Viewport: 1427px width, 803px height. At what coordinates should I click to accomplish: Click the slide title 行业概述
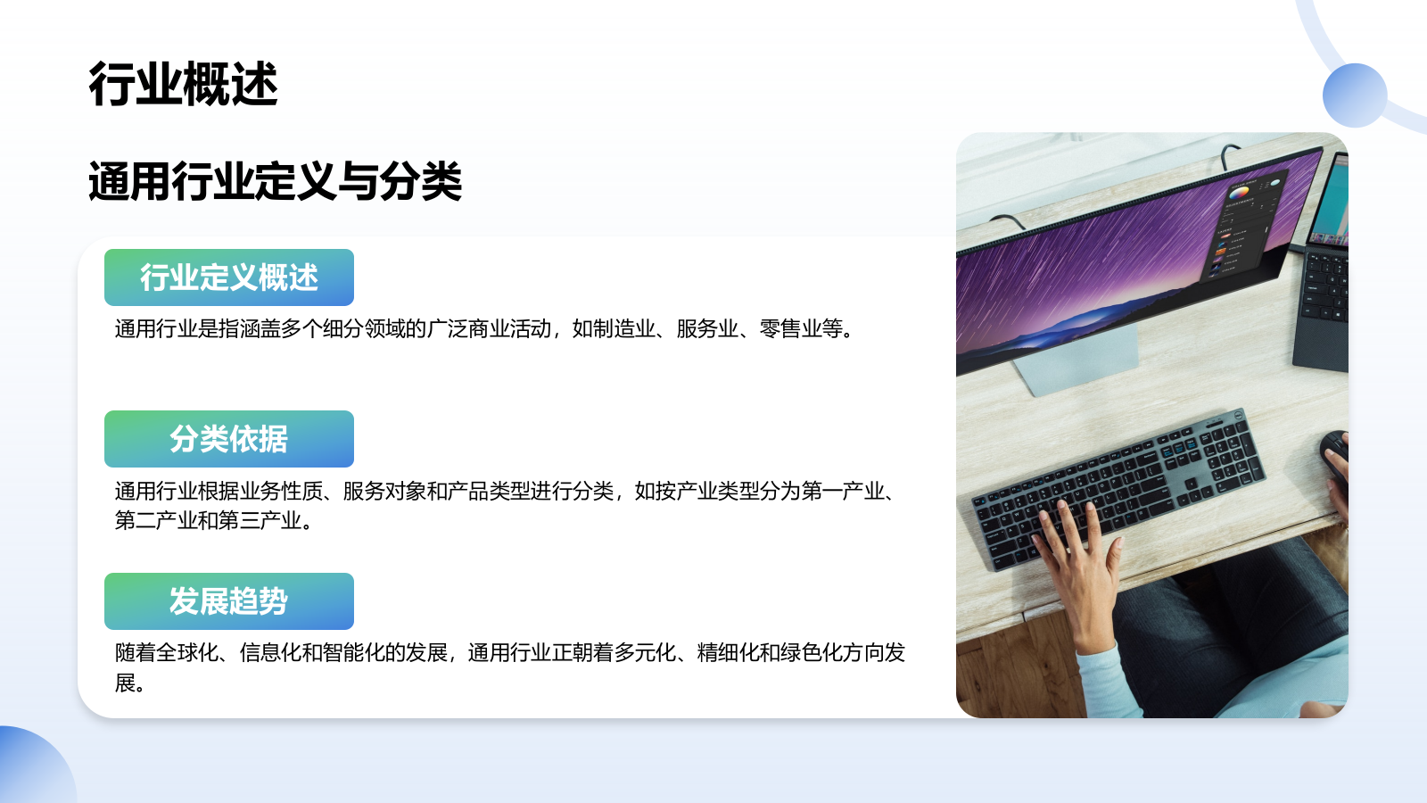[x=183, y=85]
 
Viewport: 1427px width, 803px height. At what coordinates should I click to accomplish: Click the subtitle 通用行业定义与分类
[x=275, y=182]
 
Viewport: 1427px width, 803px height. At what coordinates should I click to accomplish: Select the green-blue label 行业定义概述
[x=229, y=277]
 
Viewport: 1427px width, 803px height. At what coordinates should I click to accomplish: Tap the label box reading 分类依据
[x=229, y=439]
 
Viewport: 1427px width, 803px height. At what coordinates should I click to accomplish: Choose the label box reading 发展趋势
[x=229, y=601]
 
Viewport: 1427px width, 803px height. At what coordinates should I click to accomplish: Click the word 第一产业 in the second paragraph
[x=843, y=492]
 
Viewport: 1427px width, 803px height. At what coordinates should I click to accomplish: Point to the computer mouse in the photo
[x=1334, y=455]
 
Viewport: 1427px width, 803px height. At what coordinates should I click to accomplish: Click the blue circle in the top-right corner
[x=1355, y=95]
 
